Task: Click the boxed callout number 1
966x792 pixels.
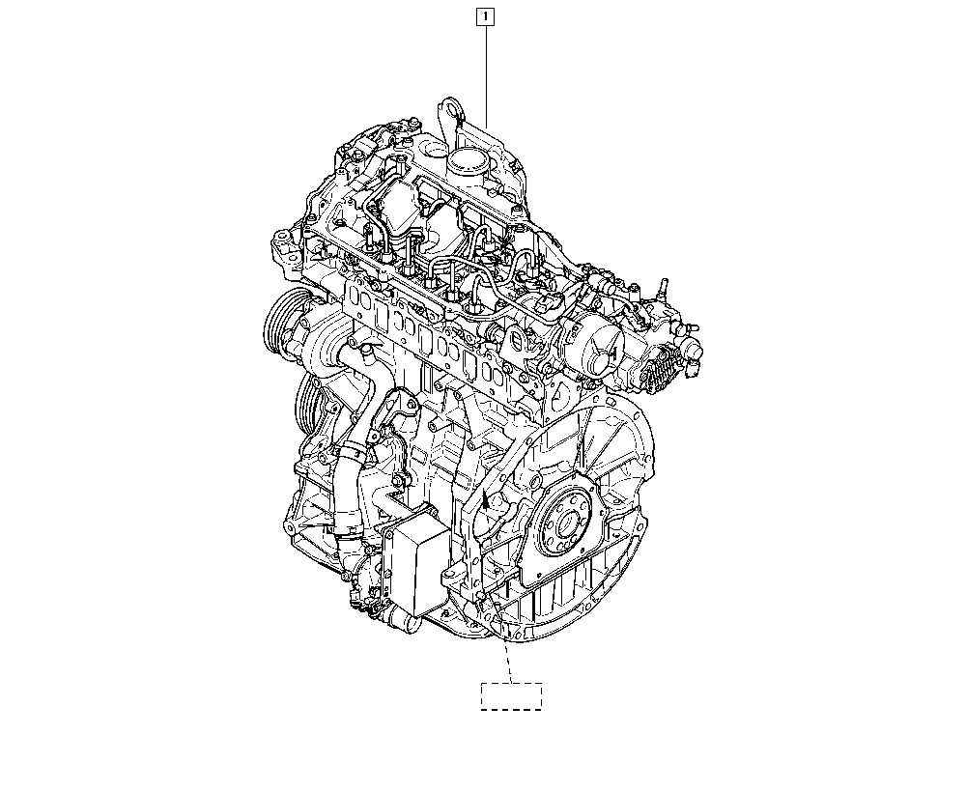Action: (x=486, y=16)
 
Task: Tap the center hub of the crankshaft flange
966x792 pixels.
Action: (x=565, y=524)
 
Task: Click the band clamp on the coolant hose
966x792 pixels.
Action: (x=353, y=456)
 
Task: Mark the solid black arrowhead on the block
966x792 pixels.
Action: (x=486, y=500)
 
